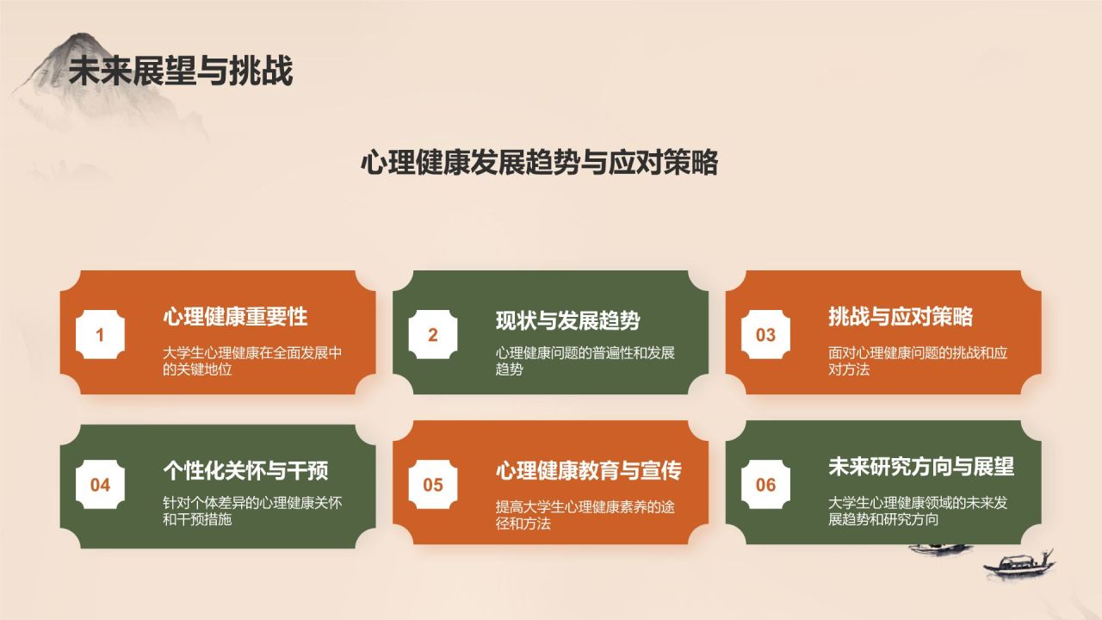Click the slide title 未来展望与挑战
pos(181,71)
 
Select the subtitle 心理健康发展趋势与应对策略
pos(539,162)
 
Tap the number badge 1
pos(100,335)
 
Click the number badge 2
pos(433,335)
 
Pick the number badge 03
pos(765,335)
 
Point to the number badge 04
pos(100,485)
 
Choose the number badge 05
pos(433,485)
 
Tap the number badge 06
pos(765,485)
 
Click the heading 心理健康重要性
pos(235,317)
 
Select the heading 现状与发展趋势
pos(567,320)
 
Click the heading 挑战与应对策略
pos(901,317)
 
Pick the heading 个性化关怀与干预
pos(245,470)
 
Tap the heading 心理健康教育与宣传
pos(588,470)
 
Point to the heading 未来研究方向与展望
pos(921,467)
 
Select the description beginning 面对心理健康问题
pos(918,361)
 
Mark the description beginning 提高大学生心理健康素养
pos(585,515)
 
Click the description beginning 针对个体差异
pos(251,511)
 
